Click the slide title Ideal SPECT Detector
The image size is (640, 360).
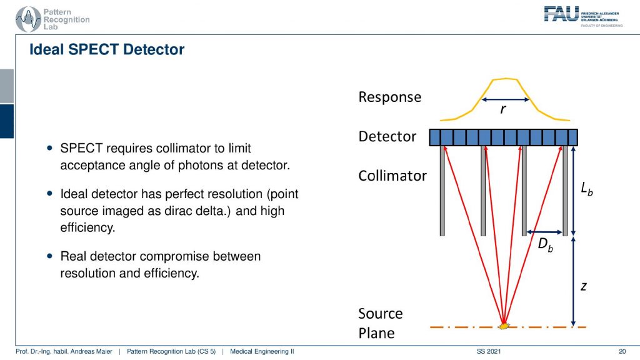107,49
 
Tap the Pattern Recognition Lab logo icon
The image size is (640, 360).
28,19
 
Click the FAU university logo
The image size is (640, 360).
583,16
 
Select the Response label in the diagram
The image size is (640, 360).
390,97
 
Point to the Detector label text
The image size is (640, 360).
387,136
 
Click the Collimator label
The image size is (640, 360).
392,176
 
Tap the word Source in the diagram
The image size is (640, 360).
381,314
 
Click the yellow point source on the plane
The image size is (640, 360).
504,326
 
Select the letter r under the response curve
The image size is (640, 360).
503,109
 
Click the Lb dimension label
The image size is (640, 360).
586,189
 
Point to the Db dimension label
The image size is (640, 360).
545,244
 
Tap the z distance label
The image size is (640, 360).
584,286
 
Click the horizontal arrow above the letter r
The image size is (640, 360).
505,99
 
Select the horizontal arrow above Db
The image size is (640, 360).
544,232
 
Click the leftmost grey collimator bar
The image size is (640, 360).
442,191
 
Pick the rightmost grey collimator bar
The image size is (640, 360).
565,191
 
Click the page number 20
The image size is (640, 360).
622,351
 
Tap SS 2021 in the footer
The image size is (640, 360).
489,351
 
